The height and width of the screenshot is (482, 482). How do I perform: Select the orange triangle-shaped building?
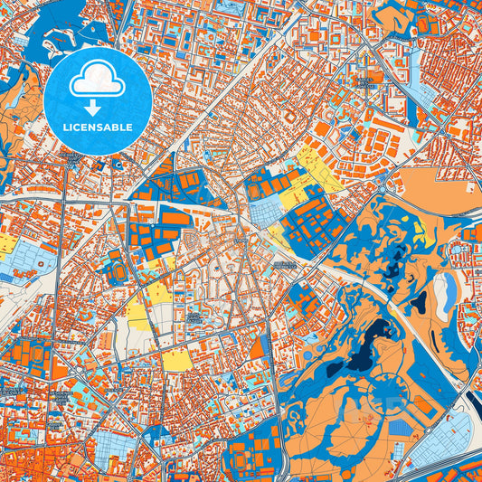coord(258,347)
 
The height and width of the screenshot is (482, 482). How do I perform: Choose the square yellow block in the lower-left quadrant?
coord(176,359)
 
